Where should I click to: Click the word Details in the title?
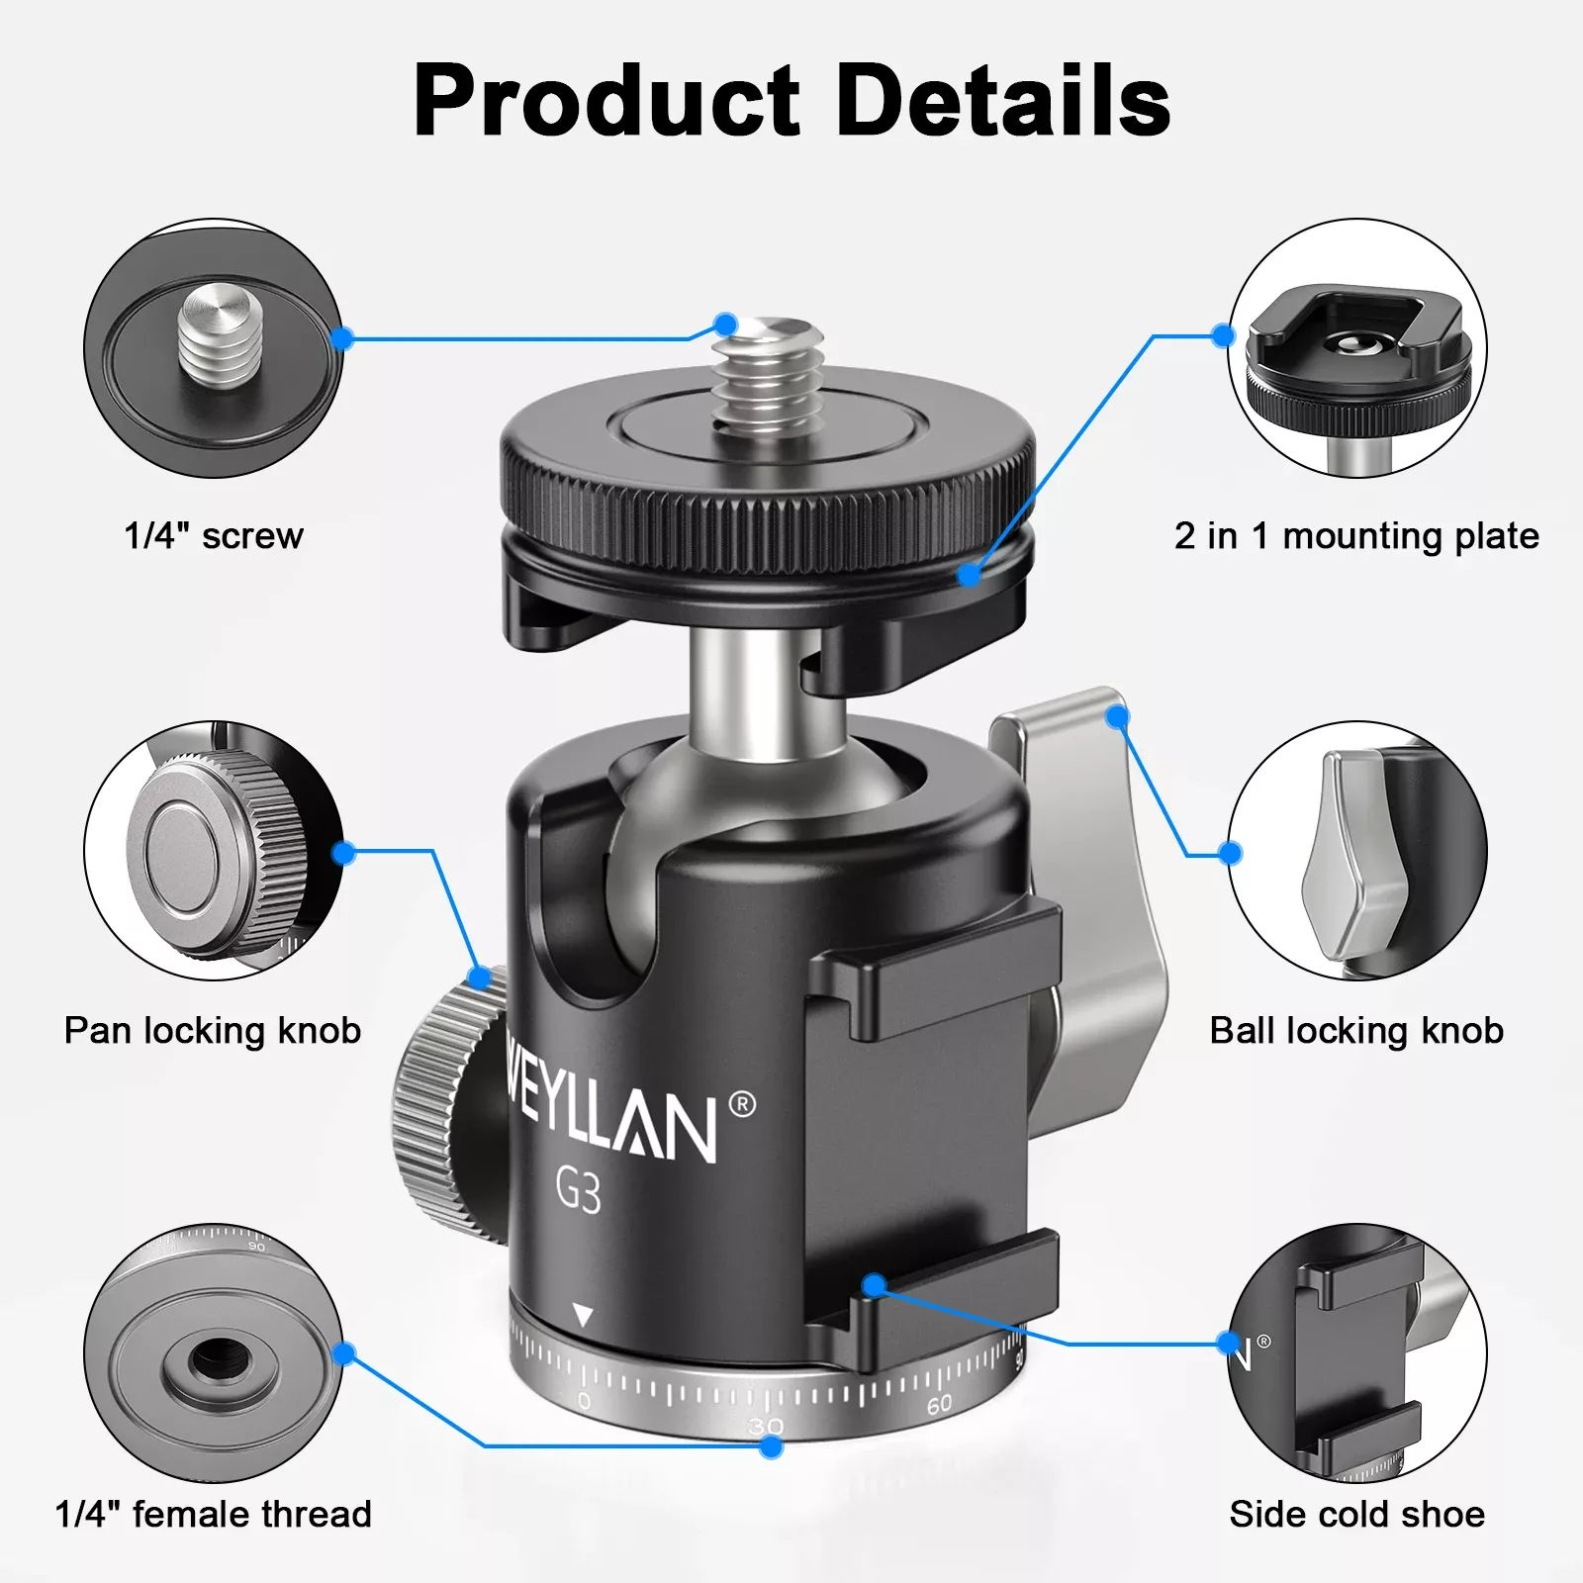1004,101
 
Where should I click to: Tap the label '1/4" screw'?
214,535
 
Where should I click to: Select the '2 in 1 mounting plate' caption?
1356,536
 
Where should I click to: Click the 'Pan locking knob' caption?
213,1031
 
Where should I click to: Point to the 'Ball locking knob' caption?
1356,1031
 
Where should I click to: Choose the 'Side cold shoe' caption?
1357,1514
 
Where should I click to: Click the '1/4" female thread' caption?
214,1514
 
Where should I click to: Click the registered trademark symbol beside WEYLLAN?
742,1105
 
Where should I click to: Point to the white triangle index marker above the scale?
584,1316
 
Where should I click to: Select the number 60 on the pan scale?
939,1403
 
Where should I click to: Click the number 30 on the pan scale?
766,1426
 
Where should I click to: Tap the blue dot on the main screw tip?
725,325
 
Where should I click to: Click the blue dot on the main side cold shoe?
873,1285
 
